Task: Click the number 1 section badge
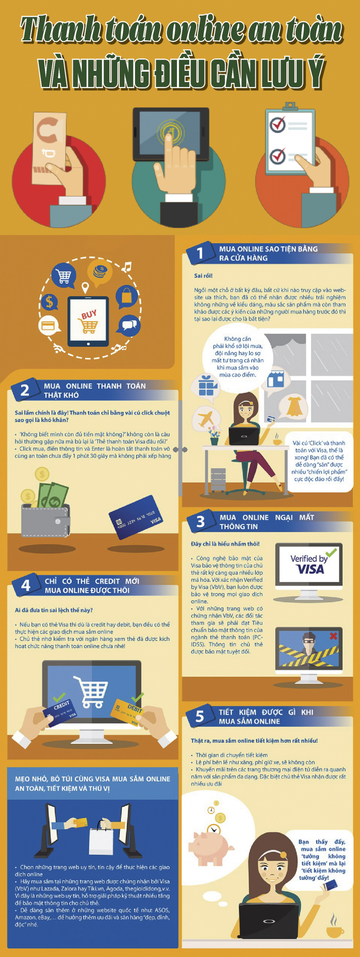click(200, 253)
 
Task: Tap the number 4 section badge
click(25, 585)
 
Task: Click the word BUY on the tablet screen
click(89, 314)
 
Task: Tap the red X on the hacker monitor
click(333, 636)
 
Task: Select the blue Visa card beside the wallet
click(135, 517)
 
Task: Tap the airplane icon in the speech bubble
click(205, 418)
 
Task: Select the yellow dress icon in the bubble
click(294, 406)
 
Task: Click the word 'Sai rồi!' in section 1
click(203, 276)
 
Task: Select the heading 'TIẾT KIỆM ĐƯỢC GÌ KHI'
click(266, 712)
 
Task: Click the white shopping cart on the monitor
click(91, 692)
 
